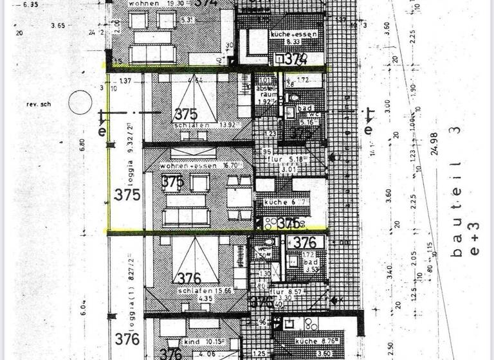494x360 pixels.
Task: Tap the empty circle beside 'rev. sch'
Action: [81, 102]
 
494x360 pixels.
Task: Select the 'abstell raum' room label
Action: [266, 94]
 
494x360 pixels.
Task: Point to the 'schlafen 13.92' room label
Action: [195, 125]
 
